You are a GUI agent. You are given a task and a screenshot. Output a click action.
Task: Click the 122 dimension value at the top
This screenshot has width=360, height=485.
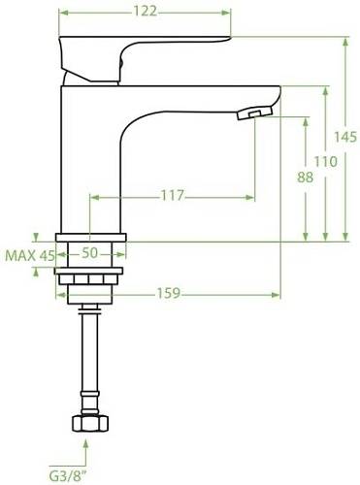[x=146, y=11]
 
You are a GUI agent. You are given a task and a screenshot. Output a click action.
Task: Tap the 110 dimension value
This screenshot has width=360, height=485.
[x=326, y=161]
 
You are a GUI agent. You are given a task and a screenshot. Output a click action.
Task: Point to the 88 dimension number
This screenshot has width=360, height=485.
[x=306, y=177]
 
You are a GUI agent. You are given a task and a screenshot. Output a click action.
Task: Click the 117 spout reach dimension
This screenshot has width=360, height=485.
[x=172, y=196]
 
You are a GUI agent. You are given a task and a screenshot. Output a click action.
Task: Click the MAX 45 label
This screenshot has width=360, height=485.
[x=29, y=255]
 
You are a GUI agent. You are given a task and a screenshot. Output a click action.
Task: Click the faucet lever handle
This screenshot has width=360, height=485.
[x=146, y=48]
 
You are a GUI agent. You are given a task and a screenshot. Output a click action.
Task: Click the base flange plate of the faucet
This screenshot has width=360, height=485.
[x=91, y=237]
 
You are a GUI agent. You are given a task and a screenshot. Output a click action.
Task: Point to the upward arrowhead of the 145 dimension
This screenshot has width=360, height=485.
[x=346, y=42]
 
